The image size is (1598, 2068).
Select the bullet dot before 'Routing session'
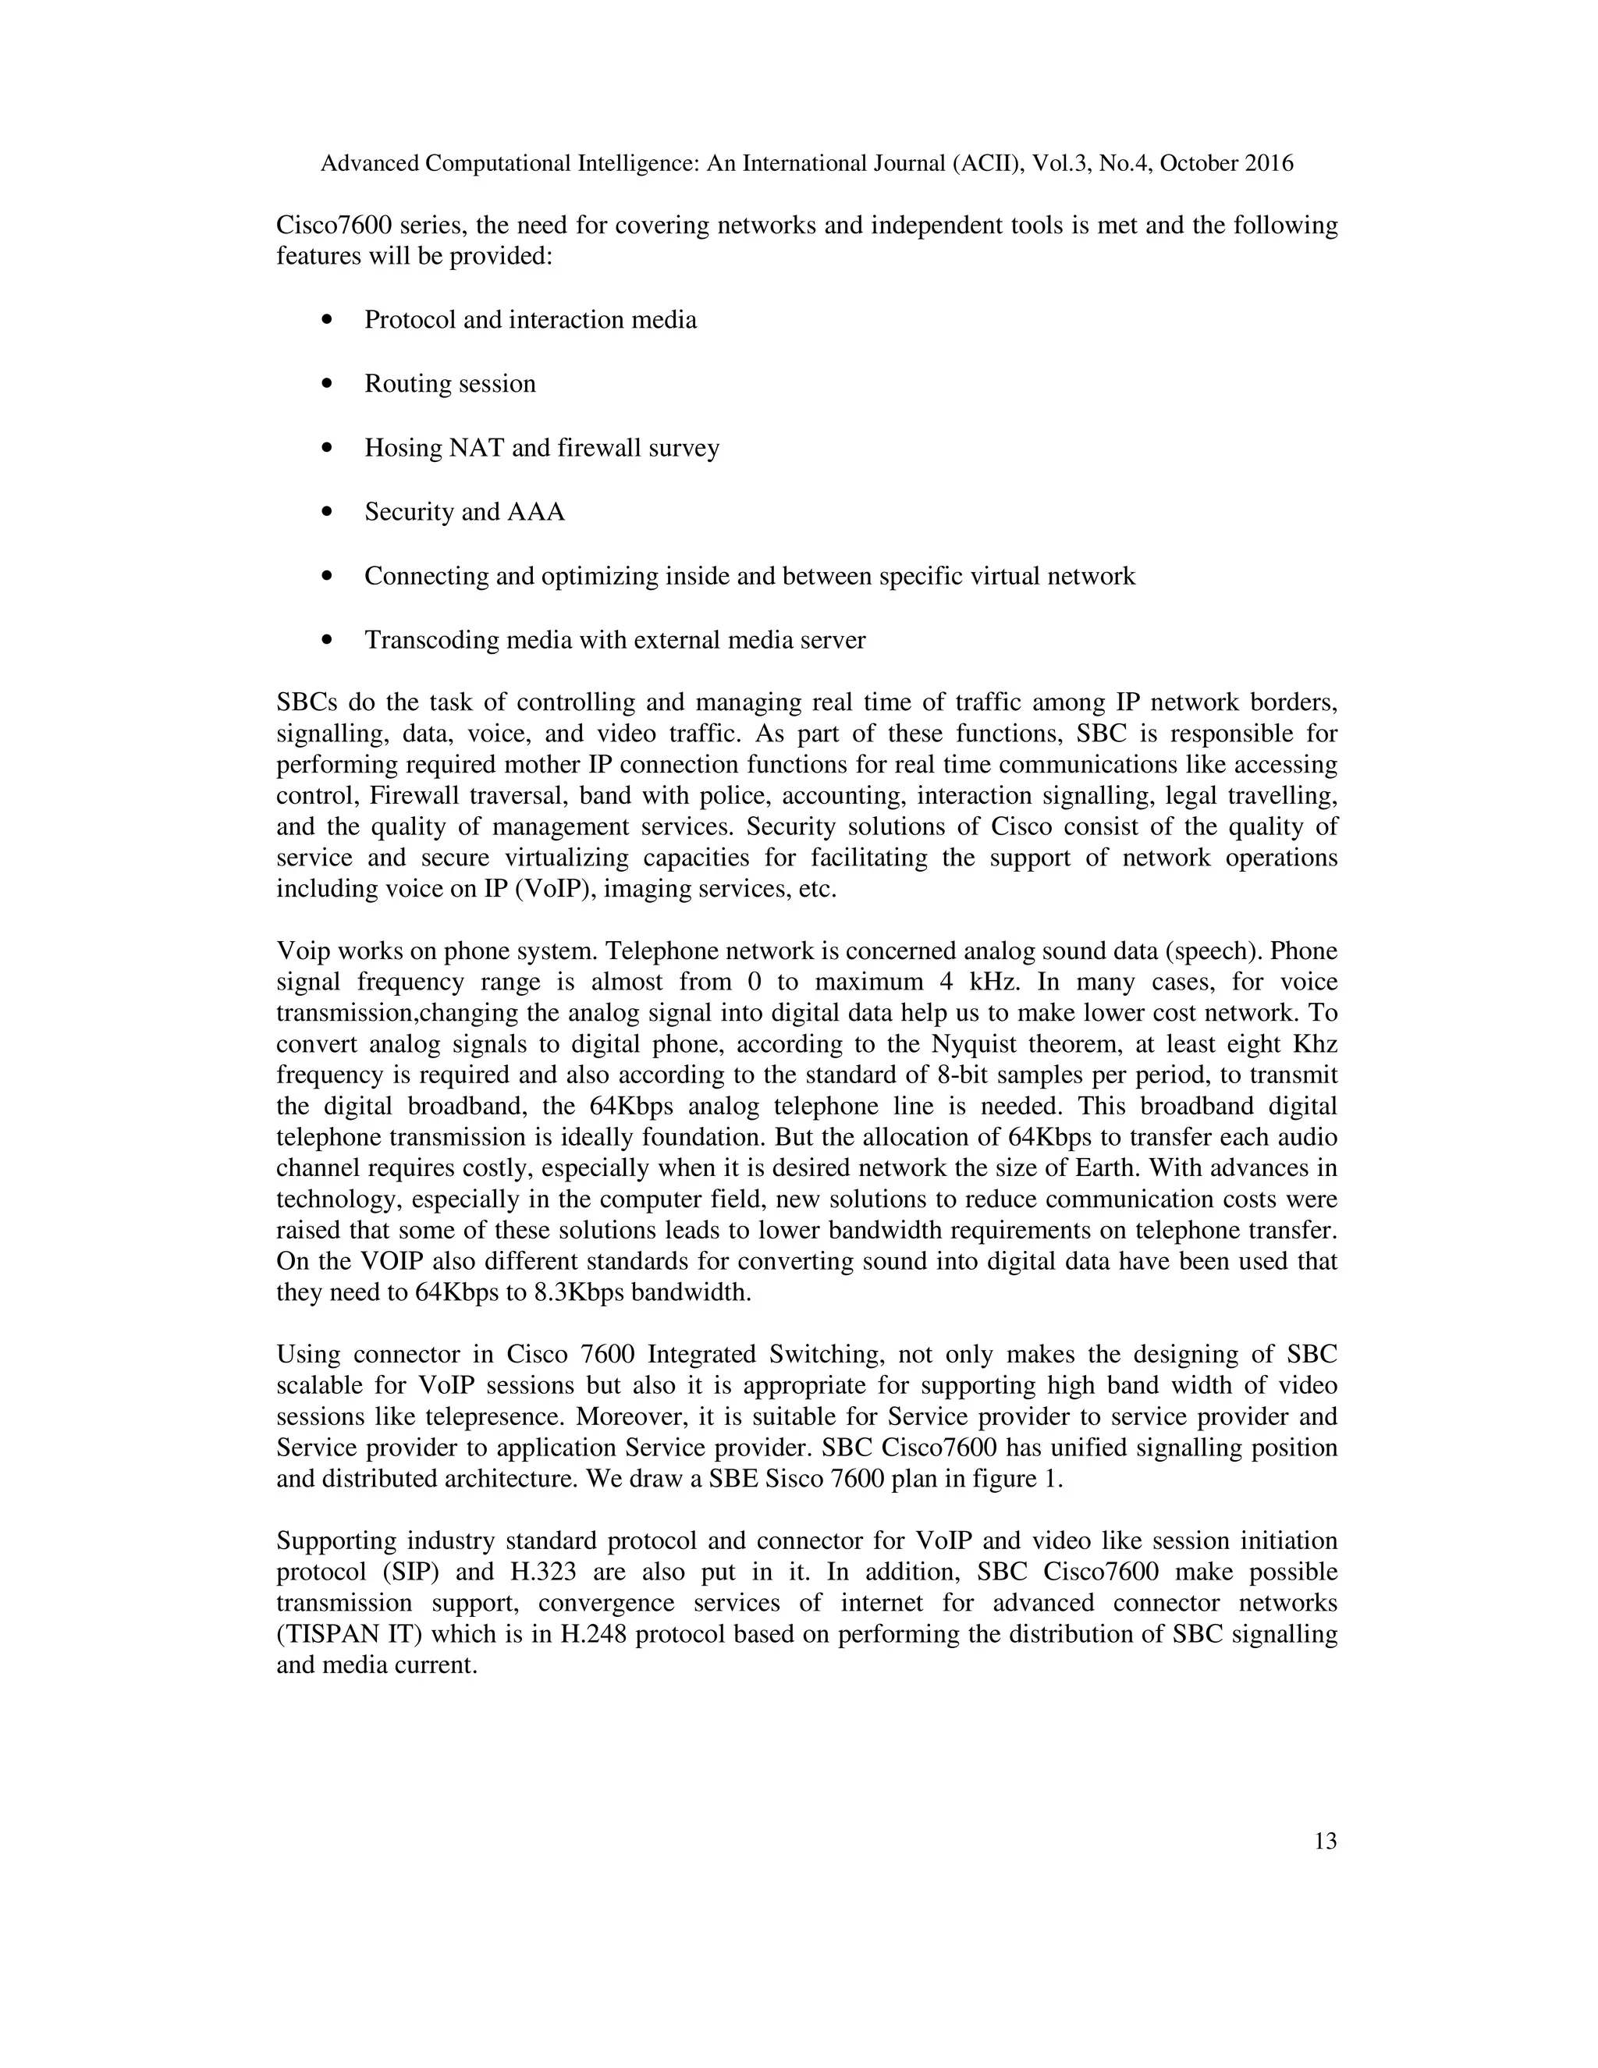[328, 385]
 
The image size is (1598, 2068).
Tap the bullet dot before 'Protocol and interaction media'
[328, 321]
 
